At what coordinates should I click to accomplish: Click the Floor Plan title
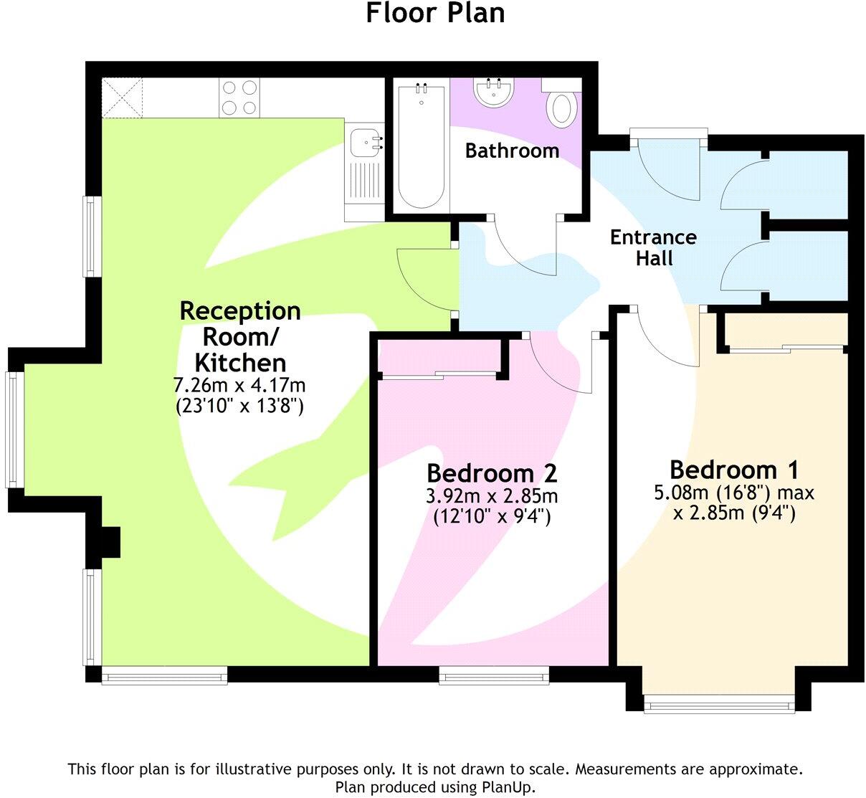pyautogui.click(x=435, y=13)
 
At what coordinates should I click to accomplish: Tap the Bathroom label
pyautogui.click(x=512, y=151)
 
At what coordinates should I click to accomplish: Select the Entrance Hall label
pyautogui.click(x=653, y=247)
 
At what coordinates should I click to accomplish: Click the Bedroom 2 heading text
pyautogui.click(x=492, y=473)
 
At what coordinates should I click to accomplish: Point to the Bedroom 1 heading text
pyautogui.click(x=733, y=470)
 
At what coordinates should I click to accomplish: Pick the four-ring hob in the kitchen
pyautogui.click(x=239, y=98)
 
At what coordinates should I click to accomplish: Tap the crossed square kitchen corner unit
pyautogui.click(x=123, y=98)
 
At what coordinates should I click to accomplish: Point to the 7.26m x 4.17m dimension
pyautogui.click(x=239, y=385)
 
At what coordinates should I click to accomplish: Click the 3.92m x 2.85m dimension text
pyautogui.click(x=492, y=496)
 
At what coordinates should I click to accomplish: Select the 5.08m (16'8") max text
pyautogui.click(x=733, y=493)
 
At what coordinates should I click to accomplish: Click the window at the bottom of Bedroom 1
pyautogui.click(x=719, y=704)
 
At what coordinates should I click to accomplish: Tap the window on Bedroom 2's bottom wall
pyautogui.click(x=494, y=675)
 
